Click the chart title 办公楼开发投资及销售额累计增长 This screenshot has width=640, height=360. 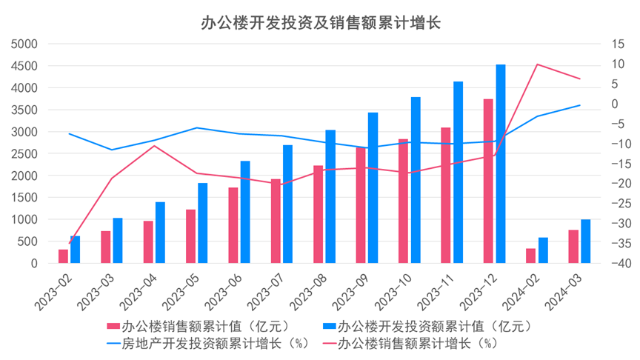pyautogui.click(x=320, y=22)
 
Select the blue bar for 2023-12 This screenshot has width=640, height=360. pyautogui.click(x=501, y=164)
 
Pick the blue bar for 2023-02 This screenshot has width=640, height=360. pyautogui.click(x=76, y=250)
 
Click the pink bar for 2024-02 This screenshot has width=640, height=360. pyautogui.click(x=530, y=256)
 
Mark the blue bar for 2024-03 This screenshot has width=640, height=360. pyautogui.click(x=586, y=241)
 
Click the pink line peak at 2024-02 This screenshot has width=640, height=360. pyautogui.click(x=537, y=64)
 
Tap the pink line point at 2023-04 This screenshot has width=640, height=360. pyautogui.click(x=154, y=145)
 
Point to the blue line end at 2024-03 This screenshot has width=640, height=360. pyautogui.click(x=580, y=105)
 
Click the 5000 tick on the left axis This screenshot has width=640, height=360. pyautogui.click(x=26, y=44)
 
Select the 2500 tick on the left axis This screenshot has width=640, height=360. pyautogui.click(x=26, y=153)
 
